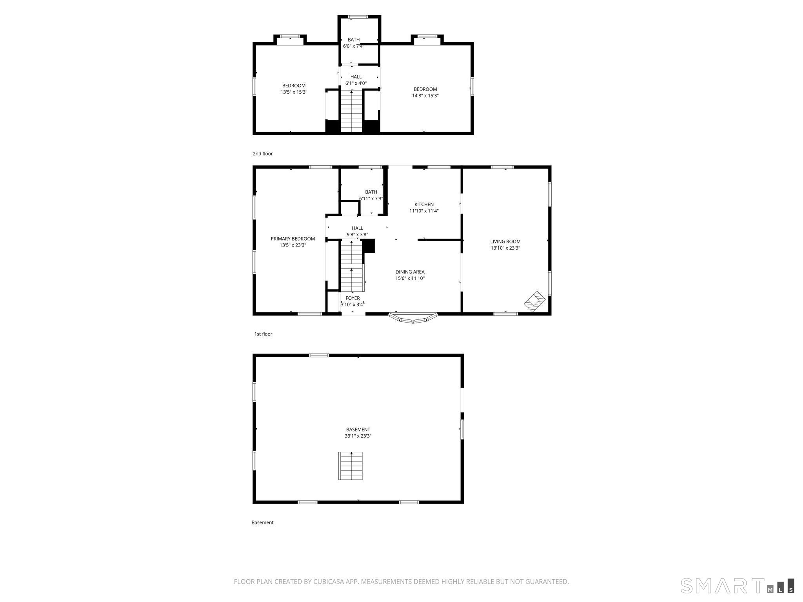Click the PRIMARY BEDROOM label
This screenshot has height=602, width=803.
pyautogui.click(x=292, y=239)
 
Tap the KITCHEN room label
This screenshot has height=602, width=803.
pyautogui.click(x=424, y=204)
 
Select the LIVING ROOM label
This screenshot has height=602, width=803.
pyautogui.click(x=505, y=241)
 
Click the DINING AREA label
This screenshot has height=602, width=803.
pyautogui.click(x=410, y=272)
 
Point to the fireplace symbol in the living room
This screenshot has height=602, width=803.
pyautogui.click(x=535, y=301)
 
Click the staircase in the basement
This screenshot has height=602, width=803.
pyautogui.click(x=351, y=466)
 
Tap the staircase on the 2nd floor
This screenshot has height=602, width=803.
pyautogui.click(x=351, y=111)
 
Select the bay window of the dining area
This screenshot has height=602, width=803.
pyautogui.click(x=413, y=318)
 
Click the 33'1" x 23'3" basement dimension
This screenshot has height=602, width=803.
pyautogui.click(x=358, y=436)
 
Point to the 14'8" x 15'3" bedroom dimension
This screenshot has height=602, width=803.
pyautogui.click(x=425, y=96)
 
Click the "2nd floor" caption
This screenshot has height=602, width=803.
pyautogui.click(x=262, y=154)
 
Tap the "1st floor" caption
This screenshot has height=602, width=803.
pyautogui.click(x=263, y=334)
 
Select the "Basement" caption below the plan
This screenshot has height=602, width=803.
pyautogui.click(x=262, y=522)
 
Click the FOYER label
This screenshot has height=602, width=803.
pyautogui.click(x=352, y=298)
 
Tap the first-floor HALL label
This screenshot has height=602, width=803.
pyautogui.click(x=357, y=228)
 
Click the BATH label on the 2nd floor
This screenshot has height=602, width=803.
pyautogui.click(x=353, y=40)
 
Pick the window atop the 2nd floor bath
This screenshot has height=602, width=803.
pyautogui.click(x=358, y=17)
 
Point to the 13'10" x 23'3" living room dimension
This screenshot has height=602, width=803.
pyautogui.click(x=505, y=248)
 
